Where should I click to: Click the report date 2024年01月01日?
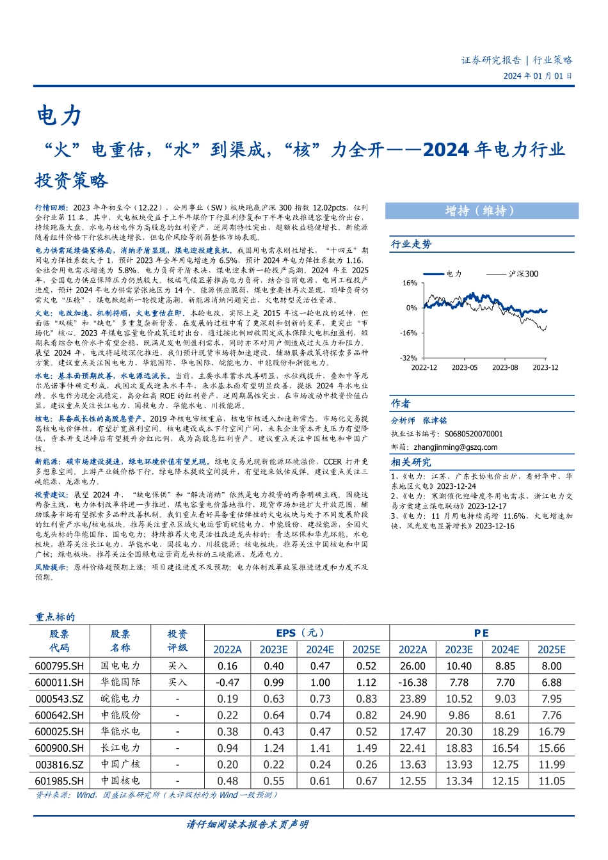point(538,76)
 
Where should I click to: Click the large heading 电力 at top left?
point(59,116)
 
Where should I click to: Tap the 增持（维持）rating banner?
point(481,211)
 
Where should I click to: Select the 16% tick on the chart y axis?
point(410,283)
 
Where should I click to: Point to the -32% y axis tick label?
point(408,358)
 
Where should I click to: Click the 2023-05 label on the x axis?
point(465,367)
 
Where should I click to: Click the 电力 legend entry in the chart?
point(454,274)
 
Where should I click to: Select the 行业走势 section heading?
point(411,244)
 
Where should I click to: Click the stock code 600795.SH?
point(59,666)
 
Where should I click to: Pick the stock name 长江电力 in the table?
point(120,748)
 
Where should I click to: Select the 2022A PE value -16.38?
point(413,683)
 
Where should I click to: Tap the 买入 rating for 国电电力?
point(177,666)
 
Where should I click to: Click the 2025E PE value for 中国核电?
point(551,781)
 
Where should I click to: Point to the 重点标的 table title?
point(55,617)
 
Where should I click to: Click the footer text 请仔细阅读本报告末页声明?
point(247,824)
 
